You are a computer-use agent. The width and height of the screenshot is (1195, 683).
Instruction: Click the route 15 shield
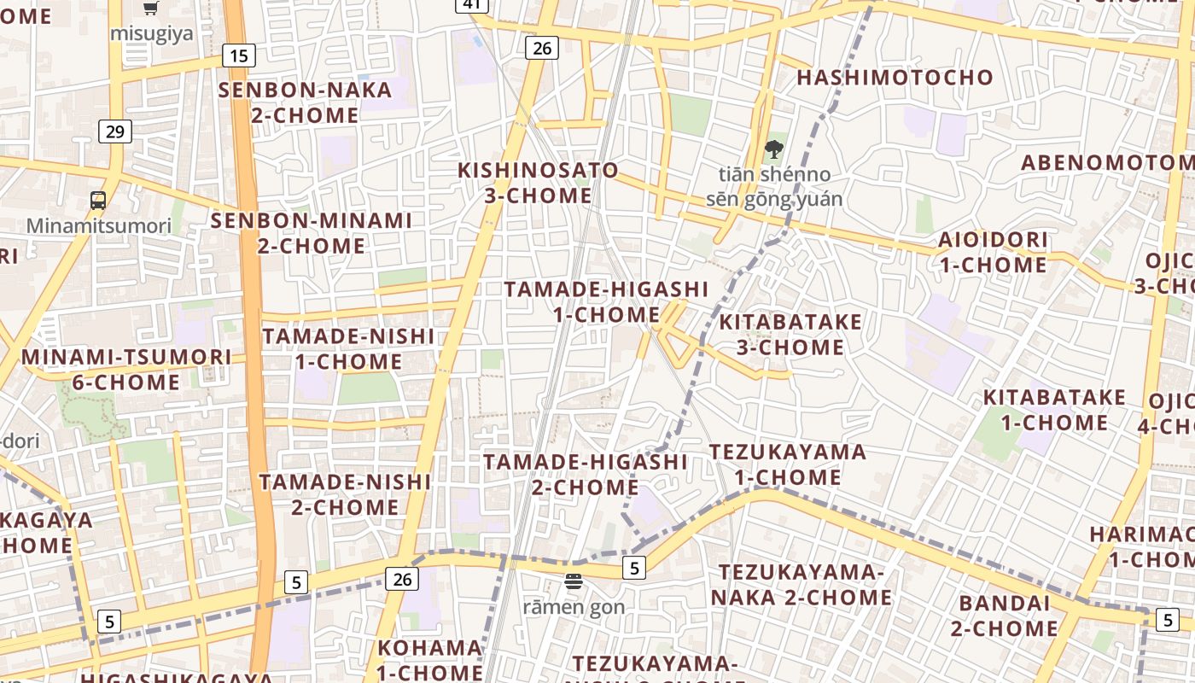click(239, 56)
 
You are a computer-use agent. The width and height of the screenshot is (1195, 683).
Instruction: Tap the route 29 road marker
click(115, 131)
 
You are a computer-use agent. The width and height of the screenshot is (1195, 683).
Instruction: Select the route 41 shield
click(472, 5)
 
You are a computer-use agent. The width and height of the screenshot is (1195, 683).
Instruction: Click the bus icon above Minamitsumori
click(98, 201)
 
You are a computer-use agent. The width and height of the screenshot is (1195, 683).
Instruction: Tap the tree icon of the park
click(773, 149)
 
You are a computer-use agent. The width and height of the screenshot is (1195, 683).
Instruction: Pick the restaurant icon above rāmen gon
click(574, 582)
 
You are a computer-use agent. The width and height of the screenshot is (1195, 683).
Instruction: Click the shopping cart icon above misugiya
click(151, 9)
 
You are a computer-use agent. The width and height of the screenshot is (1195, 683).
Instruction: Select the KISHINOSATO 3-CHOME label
click(538, 183)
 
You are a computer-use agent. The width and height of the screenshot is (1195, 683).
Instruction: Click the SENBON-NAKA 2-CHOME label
click(305, 102)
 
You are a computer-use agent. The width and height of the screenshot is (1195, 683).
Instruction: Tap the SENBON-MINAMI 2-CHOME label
click(312, 233)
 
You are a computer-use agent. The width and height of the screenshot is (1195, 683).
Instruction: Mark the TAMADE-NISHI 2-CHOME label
click(345, 494)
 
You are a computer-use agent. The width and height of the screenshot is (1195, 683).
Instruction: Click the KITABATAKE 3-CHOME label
click(790, 335)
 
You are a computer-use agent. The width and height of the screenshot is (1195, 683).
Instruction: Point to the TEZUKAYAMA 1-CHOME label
click(788, 464)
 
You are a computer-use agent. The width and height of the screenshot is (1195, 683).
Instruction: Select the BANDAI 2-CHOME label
click(1004, 616)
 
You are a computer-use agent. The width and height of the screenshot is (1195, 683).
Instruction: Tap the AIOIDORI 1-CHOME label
click(994, 252)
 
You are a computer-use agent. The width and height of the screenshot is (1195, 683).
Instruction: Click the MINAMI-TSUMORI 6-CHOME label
click(126, 369)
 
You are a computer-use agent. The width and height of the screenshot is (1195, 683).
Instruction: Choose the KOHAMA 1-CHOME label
click(429, 659)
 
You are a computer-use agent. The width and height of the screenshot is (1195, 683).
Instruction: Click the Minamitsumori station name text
click(98, 226)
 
